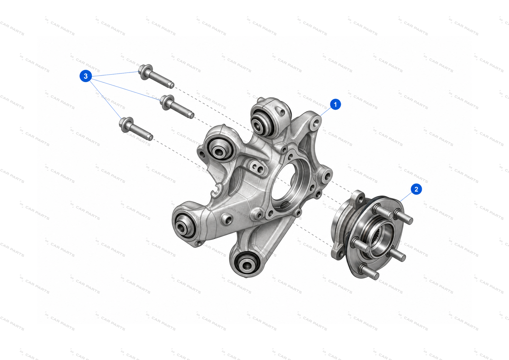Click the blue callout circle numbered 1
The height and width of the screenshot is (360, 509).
click(x=335, y=104)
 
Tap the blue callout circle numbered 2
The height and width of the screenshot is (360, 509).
click(x=416, y=189)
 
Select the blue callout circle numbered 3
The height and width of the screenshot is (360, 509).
click(x=86, y=76)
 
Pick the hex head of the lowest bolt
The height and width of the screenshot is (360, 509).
click(x=126, y=124)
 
